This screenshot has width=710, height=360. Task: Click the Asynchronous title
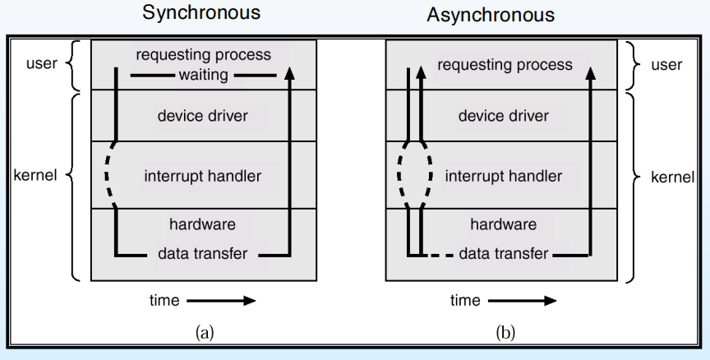[491, 15]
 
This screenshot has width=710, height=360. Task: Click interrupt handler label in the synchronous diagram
[202, 175]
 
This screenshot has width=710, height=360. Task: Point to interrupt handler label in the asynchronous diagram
[504, 175]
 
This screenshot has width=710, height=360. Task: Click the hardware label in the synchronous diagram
[202, 224]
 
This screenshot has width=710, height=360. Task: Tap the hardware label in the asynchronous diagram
[504, 224]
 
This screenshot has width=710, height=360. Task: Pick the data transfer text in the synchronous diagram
[202, 254]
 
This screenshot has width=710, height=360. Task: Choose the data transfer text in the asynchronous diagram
[504, 254]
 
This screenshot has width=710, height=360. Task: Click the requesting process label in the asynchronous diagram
[504, 64]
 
